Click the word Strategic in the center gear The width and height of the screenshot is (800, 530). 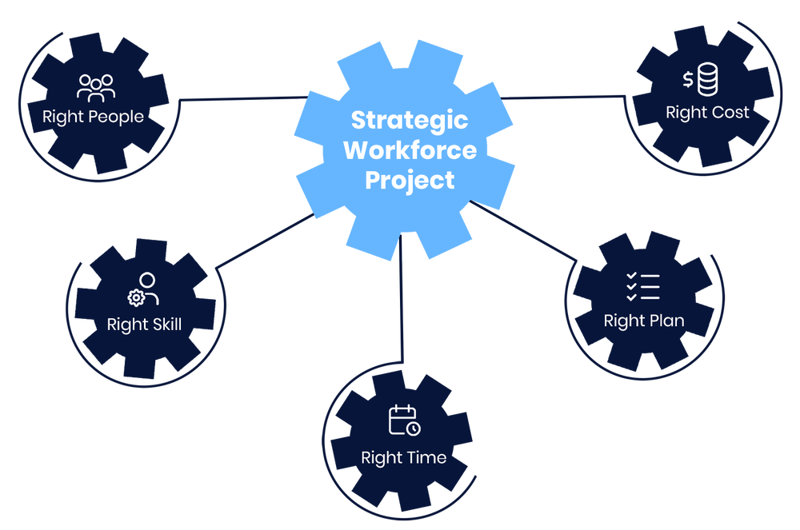[409, 121]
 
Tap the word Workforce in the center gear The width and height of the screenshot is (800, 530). [409, 150]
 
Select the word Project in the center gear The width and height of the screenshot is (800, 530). [409, 180]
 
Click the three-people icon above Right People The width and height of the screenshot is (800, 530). [96, 86]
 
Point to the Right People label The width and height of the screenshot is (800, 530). [93, 117]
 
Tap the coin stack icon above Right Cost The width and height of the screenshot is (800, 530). [708, 80]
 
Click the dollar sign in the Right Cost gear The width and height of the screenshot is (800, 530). [688, 79]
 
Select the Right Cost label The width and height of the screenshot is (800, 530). [707, 113]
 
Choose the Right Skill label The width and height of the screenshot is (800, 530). [144, 325]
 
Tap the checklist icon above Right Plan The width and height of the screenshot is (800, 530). [642, 286]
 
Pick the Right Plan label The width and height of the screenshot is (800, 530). [643, 321]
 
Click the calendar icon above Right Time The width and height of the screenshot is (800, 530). [404, 420]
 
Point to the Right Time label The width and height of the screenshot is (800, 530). [403, 458]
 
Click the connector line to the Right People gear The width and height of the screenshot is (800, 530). [240, 99]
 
